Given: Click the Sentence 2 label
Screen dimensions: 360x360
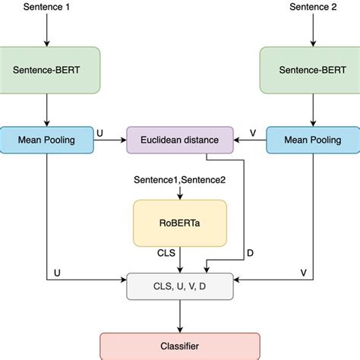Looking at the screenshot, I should click(312, 7).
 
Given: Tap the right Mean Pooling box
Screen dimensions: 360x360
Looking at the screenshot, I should click(311, 140).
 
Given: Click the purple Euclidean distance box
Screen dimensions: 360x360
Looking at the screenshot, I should click(179, 140).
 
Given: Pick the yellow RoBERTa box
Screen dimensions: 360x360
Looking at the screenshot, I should click(180, 223).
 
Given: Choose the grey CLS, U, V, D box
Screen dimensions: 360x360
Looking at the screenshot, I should click(179, 287).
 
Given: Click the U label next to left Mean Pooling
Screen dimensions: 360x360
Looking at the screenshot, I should click(100, 133).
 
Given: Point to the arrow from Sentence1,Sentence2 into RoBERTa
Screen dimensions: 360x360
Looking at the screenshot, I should click(180, 192).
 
